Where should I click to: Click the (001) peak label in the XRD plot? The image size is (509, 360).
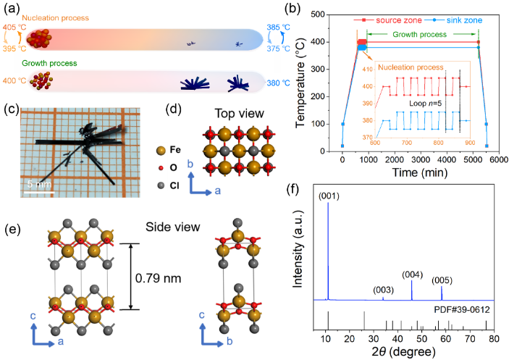[329, 196]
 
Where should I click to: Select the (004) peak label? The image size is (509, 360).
[412, 275]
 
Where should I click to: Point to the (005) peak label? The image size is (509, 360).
[442, 280]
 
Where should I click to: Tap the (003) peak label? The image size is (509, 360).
[383, 290]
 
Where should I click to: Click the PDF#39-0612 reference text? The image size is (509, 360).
[462, 310]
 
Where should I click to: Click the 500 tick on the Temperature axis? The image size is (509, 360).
[318, 14]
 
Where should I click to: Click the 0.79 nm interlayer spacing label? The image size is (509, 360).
[158, 278]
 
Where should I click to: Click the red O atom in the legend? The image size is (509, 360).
[160, 167]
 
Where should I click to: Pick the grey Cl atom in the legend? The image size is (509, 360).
[160, 185]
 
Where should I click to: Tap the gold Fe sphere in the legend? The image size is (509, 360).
[160, 150]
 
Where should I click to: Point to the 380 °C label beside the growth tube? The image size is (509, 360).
[279, 83]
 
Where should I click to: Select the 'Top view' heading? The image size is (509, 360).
[239, 114]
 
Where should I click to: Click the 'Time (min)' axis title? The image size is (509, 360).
[420, 172]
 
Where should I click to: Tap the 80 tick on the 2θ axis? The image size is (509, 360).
[494, 339]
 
